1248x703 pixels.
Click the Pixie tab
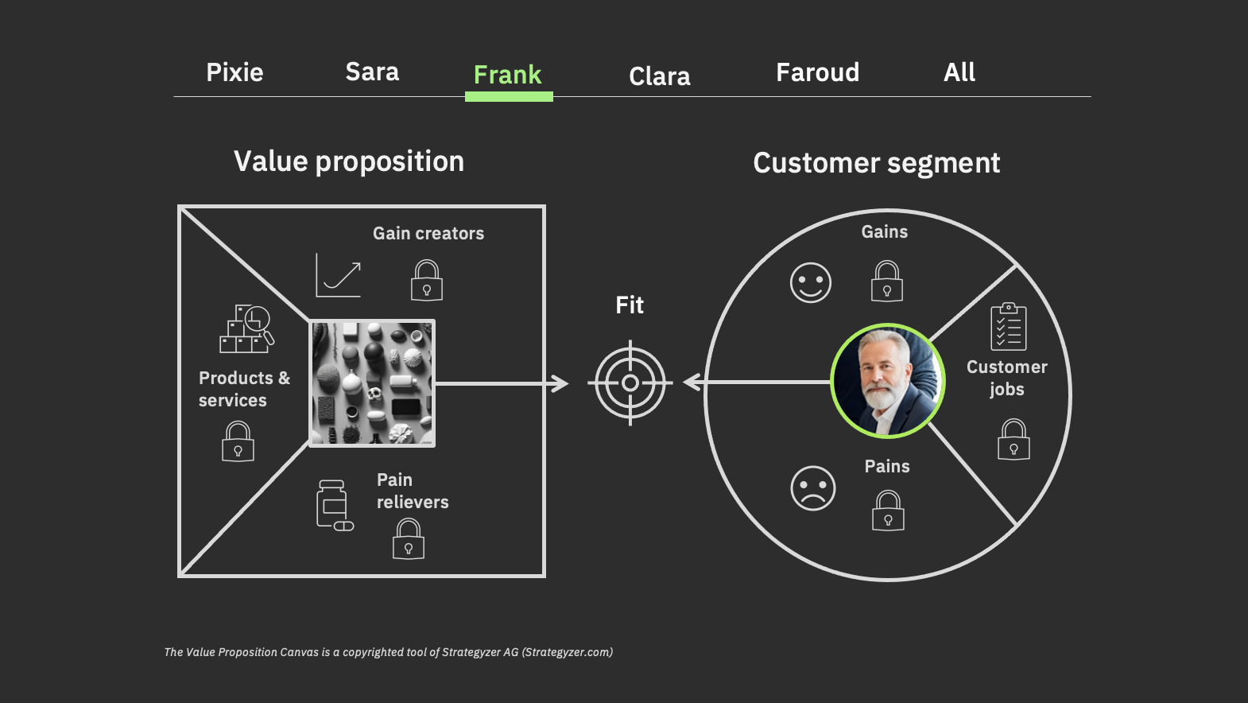click(234, 72)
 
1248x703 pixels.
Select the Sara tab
click(372, 72)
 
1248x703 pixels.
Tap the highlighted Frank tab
click(508, 76)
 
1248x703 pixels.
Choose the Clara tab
click(660, 76)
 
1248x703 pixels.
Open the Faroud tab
click(818, 72)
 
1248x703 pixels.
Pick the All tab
click(959, 72)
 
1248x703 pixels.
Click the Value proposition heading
click(349, 162)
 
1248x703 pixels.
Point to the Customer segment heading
click(877, 164)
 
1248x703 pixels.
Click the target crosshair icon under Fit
click(630, 383)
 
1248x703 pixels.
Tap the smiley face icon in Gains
click(811, 282)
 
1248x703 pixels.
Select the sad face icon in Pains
click(813, 488)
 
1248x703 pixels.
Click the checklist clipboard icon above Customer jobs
click(1009, 327)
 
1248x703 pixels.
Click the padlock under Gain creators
click(427, 281)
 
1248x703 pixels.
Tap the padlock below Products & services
click(238, 441)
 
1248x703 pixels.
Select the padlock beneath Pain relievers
click(409, 538)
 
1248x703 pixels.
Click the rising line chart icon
click(338, 275)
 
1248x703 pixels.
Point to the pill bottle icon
click(335, 506)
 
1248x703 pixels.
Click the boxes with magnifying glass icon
click(246, 329)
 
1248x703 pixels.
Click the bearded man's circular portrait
click(888, 381)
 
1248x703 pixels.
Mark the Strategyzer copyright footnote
click(389, 652)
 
